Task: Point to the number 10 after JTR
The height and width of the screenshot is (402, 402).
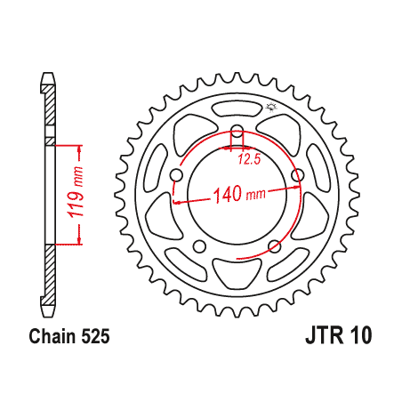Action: (360, 336)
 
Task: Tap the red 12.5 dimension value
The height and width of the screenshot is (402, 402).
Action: (249, 160)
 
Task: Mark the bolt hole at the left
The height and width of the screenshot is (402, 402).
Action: (176, 176)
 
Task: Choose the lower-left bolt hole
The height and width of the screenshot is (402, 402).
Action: (200, 246)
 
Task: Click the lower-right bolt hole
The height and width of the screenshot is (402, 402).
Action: (275, 246)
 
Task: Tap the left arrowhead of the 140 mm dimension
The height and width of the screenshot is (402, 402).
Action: (178, 202)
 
